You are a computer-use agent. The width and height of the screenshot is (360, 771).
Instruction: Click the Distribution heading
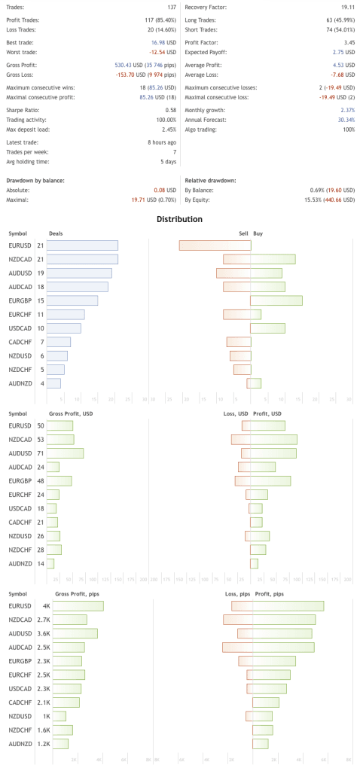tap(179, 219)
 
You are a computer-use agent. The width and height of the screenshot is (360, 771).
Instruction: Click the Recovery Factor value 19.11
tap(346, 7)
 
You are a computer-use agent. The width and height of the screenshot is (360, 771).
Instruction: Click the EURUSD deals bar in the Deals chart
tap(83, 245)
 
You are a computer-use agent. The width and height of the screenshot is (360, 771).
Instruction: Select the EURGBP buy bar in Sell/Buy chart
tap(276, 300)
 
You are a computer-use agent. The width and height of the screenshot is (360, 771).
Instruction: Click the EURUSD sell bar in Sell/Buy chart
tap(215, 245)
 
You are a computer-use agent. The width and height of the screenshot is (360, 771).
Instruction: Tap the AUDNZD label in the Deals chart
tap(20, 383)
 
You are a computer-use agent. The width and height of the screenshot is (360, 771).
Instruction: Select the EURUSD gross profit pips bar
tap(76, 606)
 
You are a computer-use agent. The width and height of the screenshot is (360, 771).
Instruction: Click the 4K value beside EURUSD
tap(46, 606)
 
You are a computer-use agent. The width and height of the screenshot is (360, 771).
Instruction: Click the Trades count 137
tap(169, 7)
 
